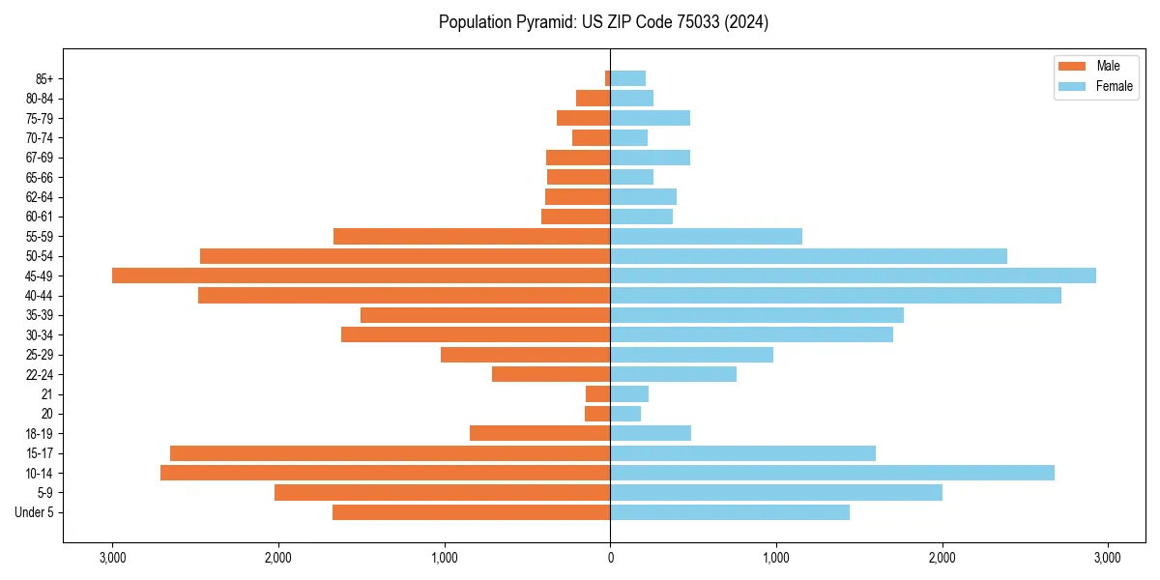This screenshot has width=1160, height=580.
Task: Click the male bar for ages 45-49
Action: tap(361, 275)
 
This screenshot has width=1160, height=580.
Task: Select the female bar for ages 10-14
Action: tap(831, 473)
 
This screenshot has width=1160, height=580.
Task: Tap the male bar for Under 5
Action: tap(471, 512)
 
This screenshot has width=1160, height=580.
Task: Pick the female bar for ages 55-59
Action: tap(706, 236)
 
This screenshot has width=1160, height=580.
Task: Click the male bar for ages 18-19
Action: tap(539, 433)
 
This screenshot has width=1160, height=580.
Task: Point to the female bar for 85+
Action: tap(627, 78)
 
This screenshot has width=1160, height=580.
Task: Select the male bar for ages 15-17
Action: tap(390, 453)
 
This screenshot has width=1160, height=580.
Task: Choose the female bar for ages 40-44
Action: tap(835, 295)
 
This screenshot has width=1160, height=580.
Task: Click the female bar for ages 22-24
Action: tap(673, 374)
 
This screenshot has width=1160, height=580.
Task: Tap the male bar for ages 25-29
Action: tap(525, 355)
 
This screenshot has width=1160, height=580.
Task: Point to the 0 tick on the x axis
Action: tap(610, 558)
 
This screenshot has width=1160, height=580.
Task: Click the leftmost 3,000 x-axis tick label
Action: tap(112, 558)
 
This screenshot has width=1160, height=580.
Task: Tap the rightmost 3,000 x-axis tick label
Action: tap(1107, 558)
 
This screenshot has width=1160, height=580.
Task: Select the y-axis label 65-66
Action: tap(40, 177)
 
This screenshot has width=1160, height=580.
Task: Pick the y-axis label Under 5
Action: tap(35, 512)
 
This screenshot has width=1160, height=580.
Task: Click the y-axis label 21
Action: tap(47, 394)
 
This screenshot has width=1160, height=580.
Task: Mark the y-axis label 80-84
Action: tap(40, 99)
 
